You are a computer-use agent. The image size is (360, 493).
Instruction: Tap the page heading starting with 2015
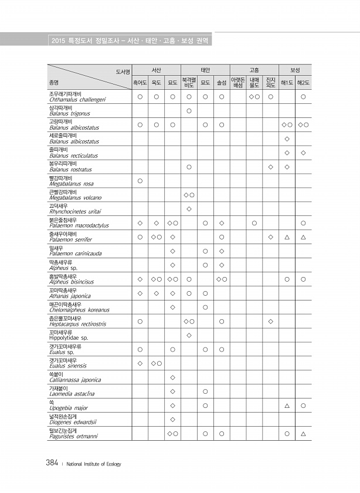tap(130, 41)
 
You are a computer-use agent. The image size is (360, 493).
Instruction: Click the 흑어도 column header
tap(140, 83)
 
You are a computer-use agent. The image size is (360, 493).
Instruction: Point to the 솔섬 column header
tap(222, 83)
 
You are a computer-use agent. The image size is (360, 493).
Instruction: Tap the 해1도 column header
tap(287, 83)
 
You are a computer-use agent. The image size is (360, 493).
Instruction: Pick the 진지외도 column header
tap(270, 83)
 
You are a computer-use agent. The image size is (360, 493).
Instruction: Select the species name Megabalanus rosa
tap(72, 184)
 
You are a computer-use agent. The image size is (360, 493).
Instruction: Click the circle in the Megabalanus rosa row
tap(140, 181)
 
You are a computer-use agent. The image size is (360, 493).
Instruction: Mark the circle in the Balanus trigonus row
tap(189, 111)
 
